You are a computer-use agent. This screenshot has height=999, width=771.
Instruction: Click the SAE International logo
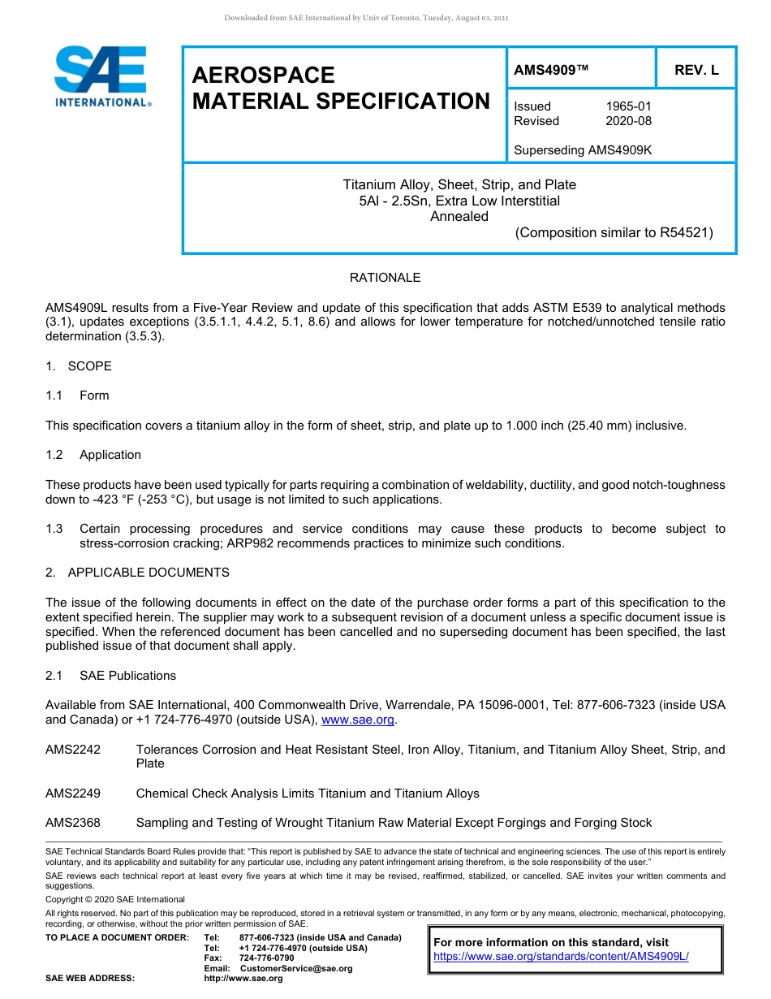pos(102,76)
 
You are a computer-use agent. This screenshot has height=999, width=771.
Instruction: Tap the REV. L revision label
pos(696,71)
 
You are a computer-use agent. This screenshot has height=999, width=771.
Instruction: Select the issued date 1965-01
pos(628,106)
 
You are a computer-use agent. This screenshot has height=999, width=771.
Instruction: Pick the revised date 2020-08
pos(628,121)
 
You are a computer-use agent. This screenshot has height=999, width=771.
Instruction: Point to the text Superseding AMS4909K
pos(583,150)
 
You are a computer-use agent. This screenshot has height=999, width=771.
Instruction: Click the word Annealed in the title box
pos(459,217)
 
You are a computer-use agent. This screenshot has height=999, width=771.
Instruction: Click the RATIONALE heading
pos(385,278)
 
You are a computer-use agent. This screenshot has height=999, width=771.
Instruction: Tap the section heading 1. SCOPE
pos(79,366)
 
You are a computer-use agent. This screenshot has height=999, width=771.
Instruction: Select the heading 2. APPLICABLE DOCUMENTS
pos(137,573)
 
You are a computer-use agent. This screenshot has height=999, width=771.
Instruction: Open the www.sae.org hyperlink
pos(358,720)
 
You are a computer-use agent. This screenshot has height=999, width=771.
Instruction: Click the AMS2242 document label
pos(73,750)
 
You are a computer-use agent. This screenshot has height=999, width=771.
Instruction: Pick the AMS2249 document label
pos(73,794)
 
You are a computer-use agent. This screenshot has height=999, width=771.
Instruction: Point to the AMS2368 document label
pos(73,823)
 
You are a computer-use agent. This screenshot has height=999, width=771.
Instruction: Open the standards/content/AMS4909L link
pos(561,957)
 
